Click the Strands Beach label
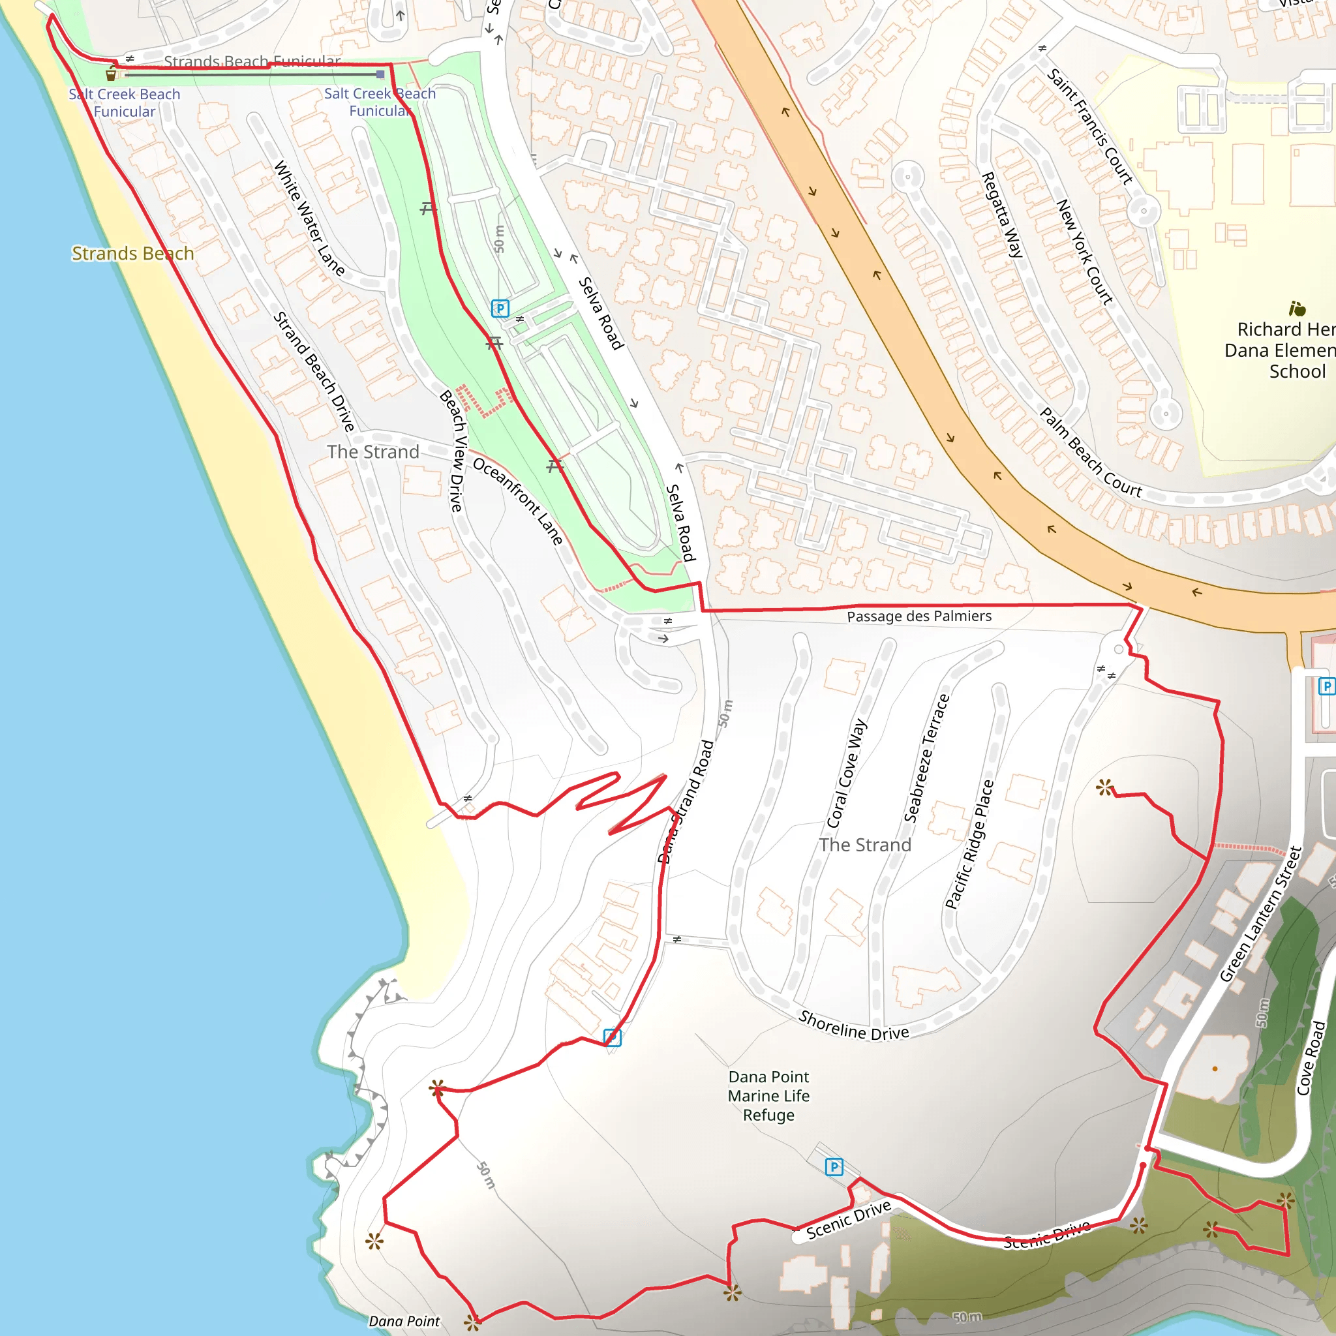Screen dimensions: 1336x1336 pyautogui.click(x=133, y=254)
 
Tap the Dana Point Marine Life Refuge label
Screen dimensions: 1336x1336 pyautogui.click(x=768, y=1095)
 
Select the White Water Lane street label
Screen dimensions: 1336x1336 pyautogui.click(x=309, y=218)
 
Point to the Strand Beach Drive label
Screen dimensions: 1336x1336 pyautogui.click(x=314, y=371)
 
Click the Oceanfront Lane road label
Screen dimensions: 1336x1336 pyautogui.click(x=518, y=500)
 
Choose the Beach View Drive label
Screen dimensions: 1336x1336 pyautogui.click(x=453, y=451)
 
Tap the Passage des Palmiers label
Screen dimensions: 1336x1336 pyautogui.click(x=918, y=616)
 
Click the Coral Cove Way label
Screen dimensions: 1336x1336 pyautogui.click(x=847, y=772)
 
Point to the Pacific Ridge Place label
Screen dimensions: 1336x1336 pyautogui.click(x=969, y=843)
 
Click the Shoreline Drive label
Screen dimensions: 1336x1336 pyautogui.click(x=853, y=1025)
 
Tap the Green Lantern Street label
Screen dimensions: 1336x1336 pyautogui.click(x=1260, y=913)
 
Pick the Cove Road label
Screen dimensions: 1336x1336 pyautogui.click(x=1311, y=1058)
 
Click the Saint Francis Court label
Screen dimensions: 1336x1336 pyautogui.click(x=1090, y=127)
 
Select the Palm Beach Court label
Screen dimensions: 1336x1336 pyautogui.click(x=1091, y=453)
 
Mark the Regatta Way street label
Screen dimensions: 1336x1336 pyautogui.click(x=1002, y=215)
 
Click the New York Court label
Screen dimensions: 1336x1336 pyautogui.click(x=1084, y=252)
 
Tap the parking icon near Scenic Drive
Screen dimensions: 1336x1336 pyautogui.click(x=834, y=1167)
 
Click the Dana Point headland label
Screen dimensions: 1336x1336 pyautogui.click(x=404, y=1322)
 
